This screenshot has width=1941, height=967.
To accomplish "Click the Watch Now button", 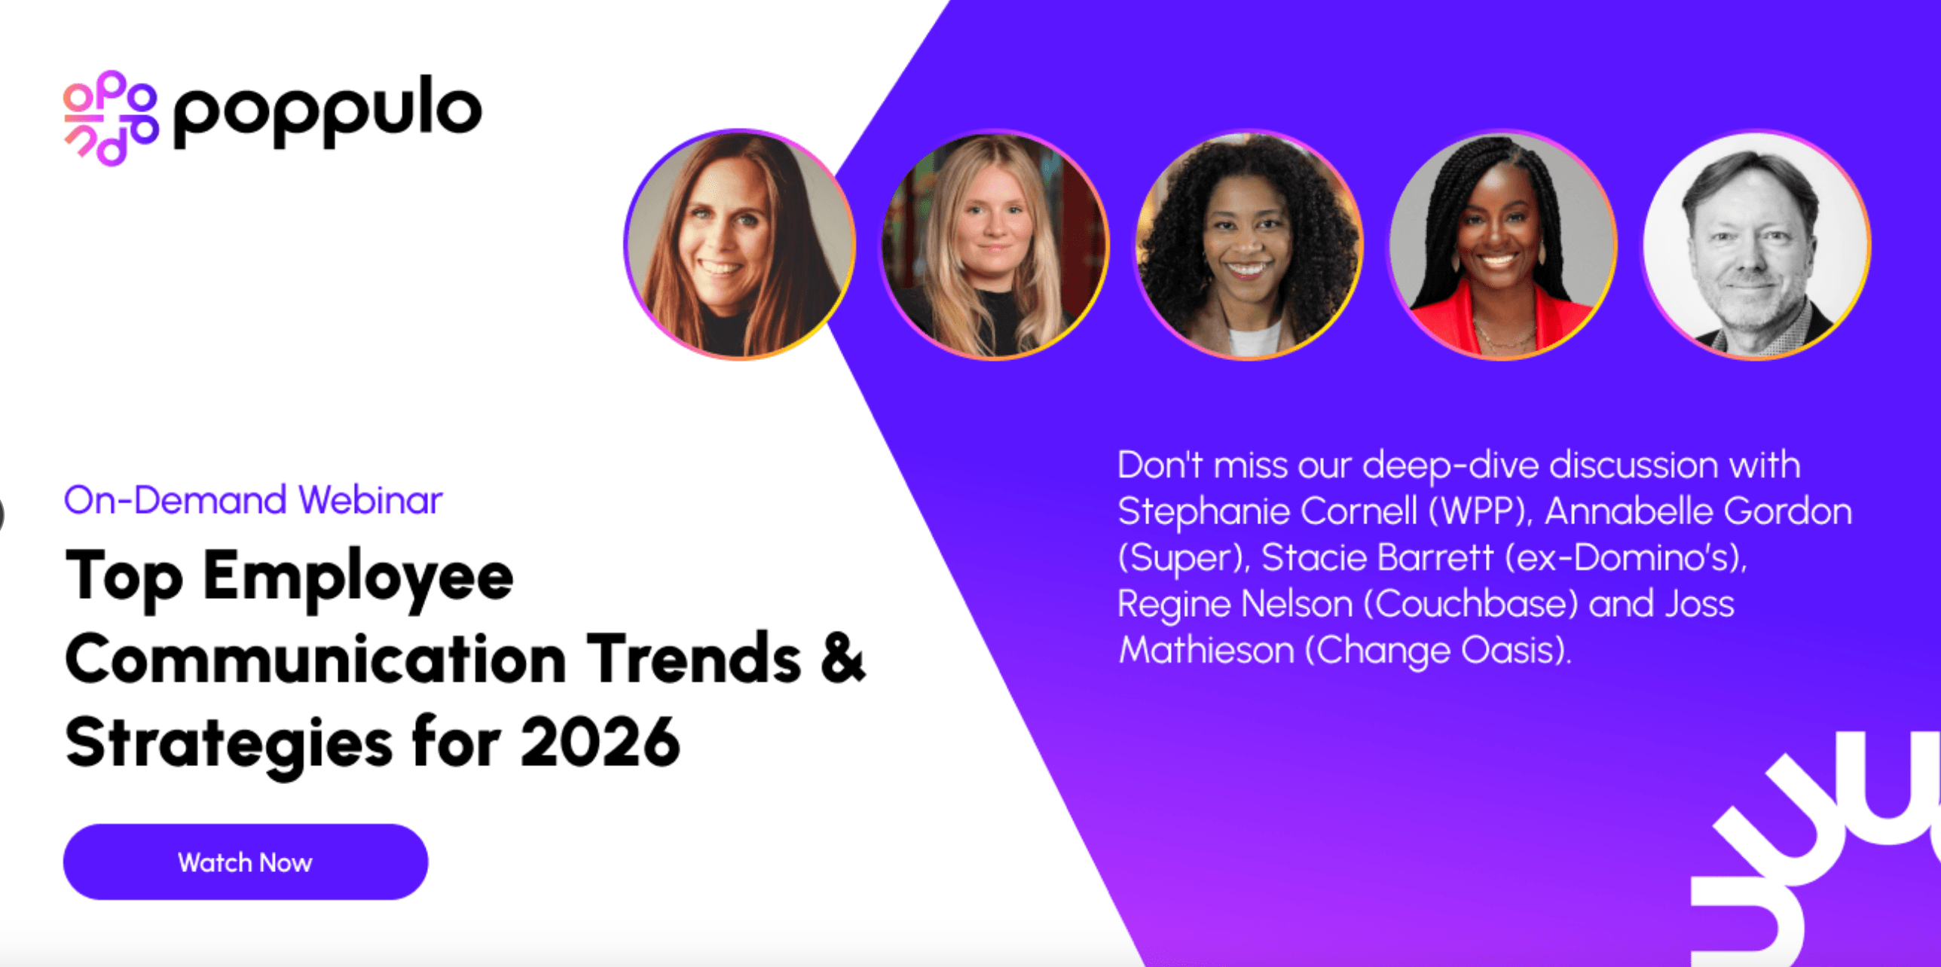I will [x=245, y=862].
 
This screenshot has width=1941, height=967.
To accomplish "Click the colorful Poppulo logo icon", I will [x=110, y=117].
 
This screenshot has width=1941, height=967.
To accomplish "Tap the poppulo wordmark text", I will [x=327, y=111].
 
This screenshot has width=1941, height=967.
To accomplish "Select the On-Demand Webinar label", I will [x=252, y=500].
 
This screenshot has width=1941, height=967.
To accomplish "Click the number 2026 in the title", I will [x=600, y=742].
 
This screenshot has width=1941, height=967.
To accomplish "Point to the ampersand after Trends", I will [x=842, y=658].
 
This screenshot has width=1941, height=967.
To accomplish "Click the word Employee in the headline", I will [x=359, y=577].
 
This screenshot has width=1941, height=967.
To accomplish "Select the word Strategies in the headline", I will [x=228, y=742].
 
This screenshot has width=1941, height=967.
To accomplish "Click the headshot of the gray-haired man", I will [x=1756, y=245].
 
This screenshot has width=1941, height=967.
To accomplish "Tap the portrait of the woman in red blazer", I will [x=1502, y=245].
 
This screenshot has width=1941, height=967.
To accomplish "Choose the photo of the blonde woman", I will [x=993, y=245].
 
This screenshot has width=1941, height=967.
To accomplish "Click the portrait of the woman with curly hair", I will [x=1248, y=245].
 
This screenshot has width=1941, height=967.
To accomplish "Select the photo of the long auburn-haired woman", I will [x=740, y=245].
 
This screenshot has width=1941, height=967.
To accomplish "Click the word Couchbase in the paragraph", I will [x=1471, y=604].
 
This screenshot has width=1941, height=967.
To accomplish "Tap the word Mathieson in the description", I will [x=1206, y=650].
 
